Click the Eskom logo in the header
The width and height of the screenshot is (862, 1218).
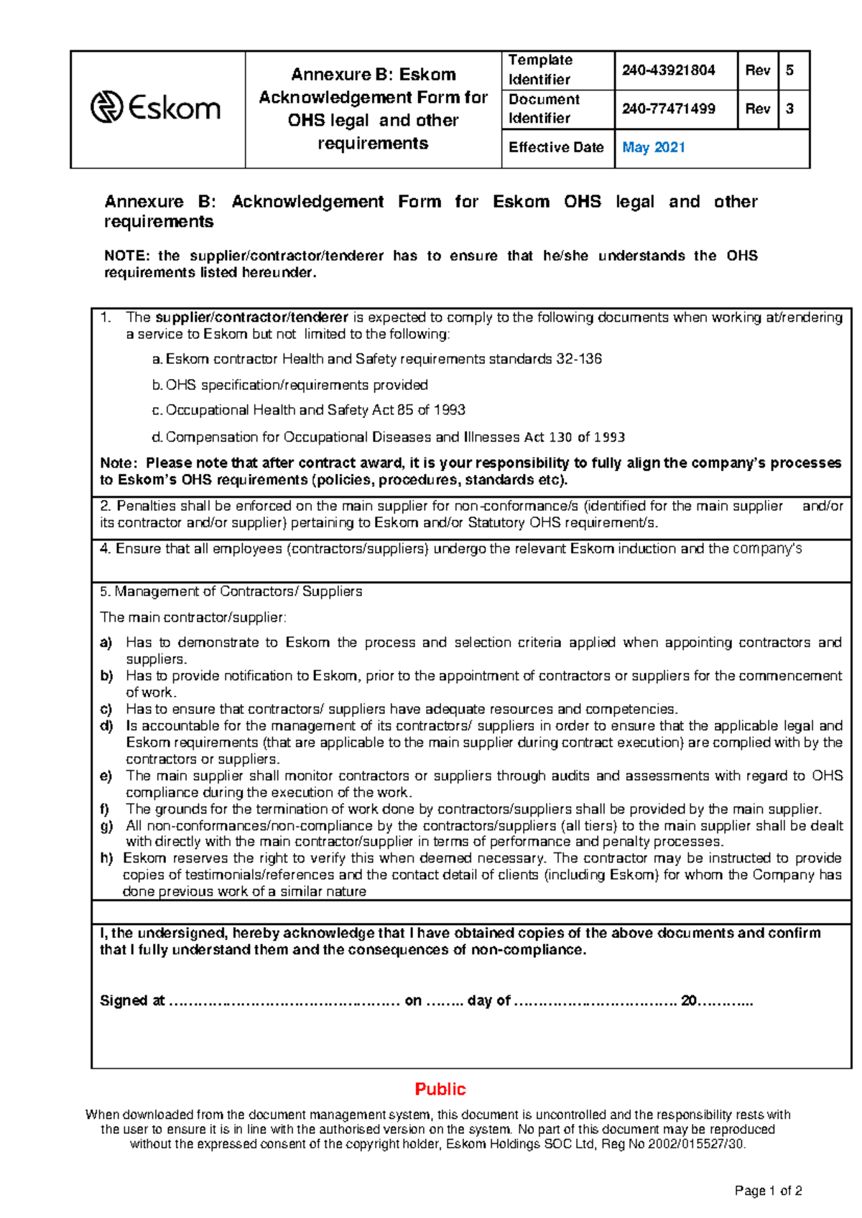click(156, 108)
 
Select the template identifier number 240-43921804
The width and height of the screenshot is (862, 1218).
click(668, 70)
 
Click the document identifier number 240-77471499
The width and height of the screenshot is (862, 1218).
click(668, 109)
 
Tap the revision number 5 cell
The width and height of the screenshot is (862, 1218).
click(790, 70)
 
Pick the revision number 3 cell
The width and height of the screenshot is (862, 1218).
click(790, 109)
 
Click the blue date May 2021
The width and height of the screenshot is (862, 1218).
click(654, 148)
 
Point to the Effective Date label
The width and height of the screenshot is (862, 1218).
click(556, 148)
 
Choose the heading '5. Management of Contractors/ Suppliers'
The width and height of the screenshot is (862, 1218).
click(231, 592)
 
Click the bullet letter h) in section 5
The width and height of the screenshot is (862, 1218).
click(106, 858)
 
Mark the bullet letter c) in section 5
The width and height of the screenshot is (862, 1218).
click(106, 710)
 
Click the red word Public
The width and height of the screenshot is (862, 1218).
click(440, 1089)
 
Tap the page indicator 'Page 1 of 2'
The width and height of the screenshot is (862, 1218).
click(768, 1191)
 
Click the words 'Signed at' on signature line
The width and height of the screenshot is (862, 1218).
click(132, 1001)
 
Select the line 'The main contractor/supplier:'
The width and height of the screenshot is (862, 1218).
click(193, 618)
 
